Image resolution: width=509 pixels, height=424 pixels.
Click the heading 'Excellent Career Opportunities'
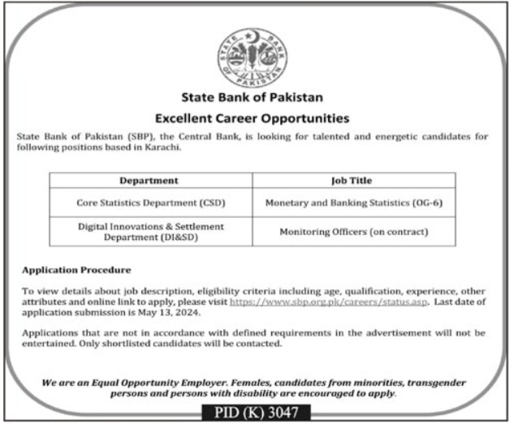[x=254, y=118]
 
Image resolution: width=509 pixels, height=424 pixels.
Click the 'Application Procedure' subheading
[x=76, y=268]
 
